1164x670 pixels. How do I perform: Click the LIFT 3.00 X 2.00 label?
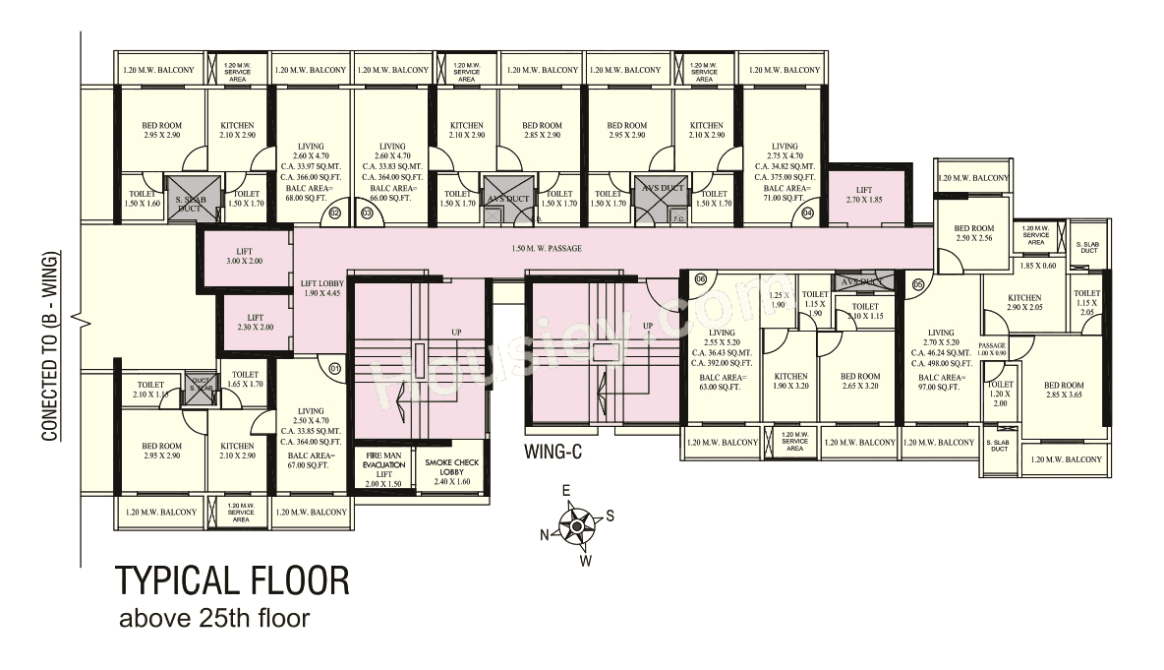(x=244, y=257)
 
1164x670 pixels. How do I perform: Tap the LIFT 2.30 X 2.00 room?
(x=255, y=323)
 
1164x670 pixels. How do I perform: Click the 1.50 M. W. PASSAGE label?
(x=546, y=249)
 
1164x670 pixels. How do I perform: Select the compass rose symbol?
(x=575, y=526)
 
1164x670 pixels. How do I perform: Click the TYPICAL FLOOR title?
(x=233, y=580)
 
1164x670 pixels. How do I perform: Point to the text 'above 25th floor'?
(x=213, y=620)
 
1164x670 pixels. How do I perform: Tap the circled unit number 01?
(x=334, y=370)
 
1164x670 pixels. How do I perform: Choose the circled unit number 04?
(x=808, y=212)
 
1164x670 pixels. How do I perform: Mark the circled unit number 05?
(x=918, y=284)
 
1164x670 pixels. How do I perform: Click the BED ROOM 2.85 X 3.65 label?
(x=1064, y=390)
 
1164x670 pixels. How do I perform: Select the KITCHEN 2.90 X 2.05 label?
(x=1024, y=303)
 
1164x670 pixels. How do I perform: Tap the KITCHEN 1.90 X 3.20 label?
(x=790, y=382)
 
